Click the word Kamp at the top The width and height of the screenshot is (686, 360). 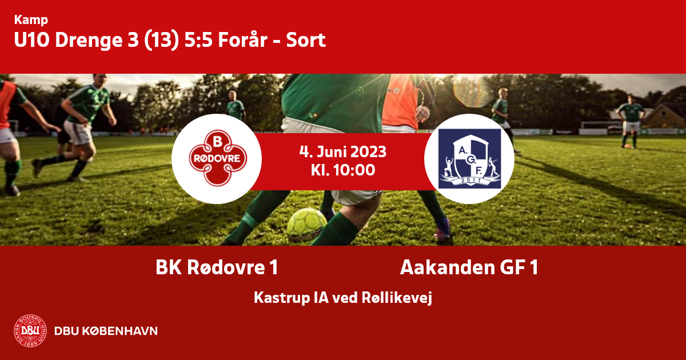tap(31, 20)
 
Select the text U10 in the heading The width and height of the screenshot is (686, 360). tap(32, 40)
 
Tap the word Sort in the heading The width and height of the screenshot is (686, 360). tap(306, 40)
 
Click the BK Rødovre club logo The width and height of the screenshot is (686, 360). tap(217, 158)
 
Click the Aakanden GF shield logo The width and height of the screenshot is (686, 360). tap(469, 159)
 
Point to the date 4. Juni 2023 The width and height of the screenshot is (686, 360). tap(343, 151)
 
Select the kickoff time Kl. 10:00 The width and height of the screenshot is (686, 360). tap(343, 170)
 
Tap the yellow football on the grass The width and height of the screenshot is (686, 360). tap(306, 225)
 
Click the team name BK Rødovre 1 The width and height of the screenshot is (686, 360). tap(217, 267)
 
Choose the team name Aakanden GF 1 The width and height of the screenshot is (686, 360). tap(469, 267)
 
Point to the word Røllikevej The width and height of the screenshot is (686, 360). tap(397, 298)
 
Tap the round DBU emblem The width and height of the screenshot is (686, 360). tap(30, 331)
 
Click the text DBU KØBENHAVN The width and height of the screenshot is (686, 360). tap(106, 331)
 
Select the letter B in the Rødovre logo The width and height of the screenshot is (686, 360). tap(217, 142)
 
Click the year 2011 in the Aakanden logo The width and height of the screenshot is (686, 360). tap(471, 181)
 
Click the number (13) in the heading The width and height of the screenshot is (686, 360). tap(161, 40)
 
